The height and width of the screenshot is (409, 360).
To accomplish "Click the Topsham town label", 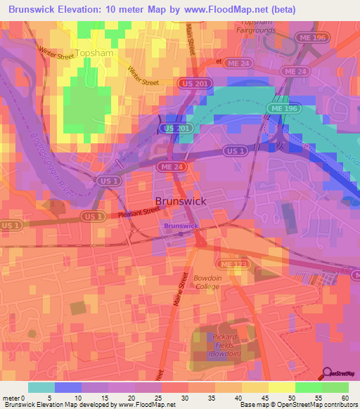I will pos(94,53).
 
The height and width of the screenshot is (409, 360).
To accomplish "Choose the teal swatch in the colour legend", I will pos(41,387).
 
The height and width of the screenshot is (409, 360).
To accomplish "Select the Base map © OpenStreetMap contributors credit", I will pos(297,405).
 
